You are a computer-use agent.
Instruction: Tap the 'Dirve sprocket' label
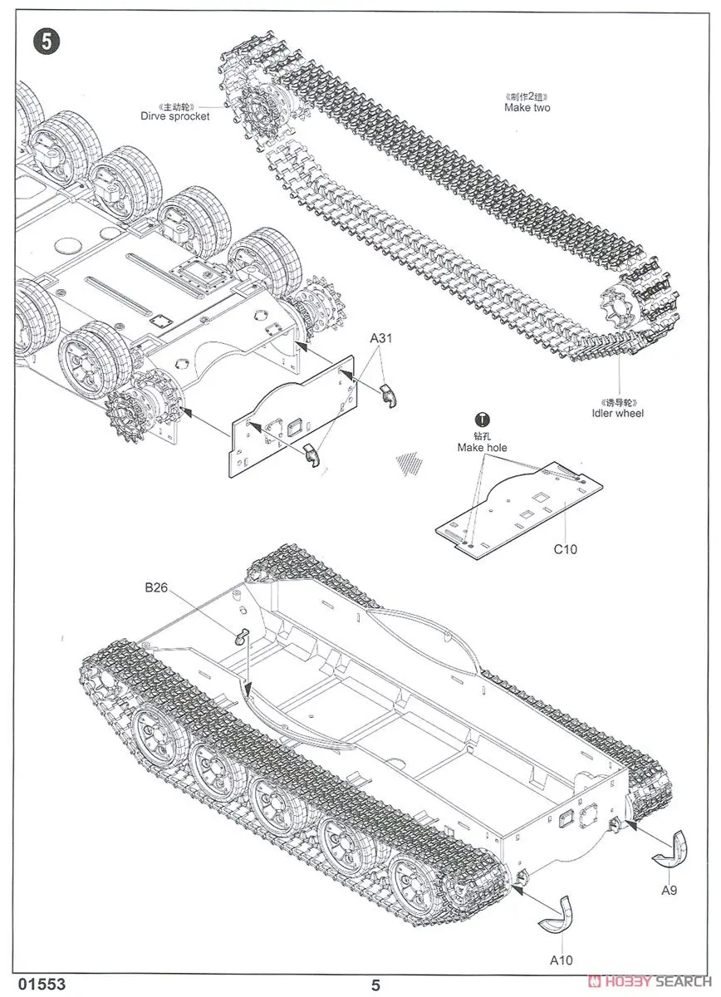175,116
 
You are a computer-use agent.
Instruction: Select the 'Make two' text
527,108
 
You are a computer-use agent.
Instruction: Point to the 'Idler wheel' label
617,413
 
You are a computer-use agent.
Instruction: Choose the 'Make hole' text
482,448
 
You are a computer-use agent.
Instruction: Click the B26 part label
156,587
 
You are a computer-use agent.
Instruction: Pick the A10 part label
562,960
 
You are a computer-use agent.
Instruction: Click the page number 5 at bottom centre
375,985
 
